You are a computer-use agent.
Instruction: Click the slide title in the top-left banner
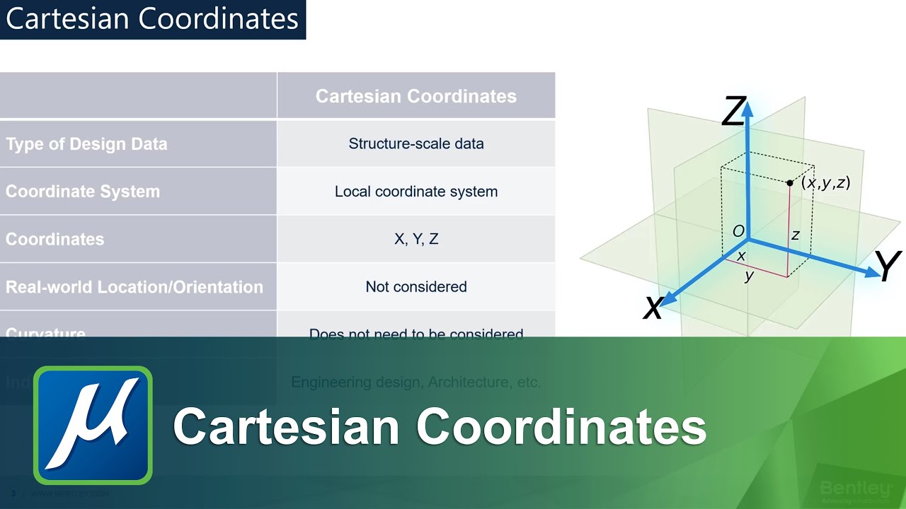152,19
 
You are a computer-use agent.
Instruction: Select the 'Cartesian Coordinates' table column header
415,96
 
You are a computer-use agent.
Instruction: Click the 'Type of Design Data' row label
86,144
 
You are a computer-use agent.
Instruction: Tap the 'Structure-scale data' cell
415,144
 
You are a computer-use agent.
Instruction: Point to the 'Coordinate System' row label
83,192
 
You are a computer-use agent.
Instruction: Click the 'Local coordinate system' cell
415,192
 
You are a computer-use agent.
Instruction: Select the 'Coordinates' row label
55,239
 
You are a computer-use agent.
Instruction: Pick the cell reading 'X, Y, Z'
415,239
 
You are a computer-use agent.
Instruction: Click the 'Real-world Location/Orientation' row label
134,287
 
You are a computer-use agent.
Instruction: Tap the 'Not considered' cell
415,287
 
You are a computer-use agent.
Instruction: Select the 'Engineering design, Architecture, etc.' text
415,382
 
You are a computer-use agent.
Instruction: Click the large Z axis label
733,112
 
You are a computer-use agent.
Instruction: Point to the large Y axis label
887,266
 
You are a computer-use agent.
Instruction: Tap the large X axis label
653,308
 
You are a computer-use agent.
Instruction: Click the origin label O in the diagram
738,231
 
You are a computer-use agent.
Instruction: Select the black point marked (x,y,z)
790,183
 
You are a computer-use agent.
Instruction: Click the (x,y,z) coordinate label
825,183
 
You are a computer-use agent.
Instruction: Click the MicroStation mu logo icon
93,425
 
